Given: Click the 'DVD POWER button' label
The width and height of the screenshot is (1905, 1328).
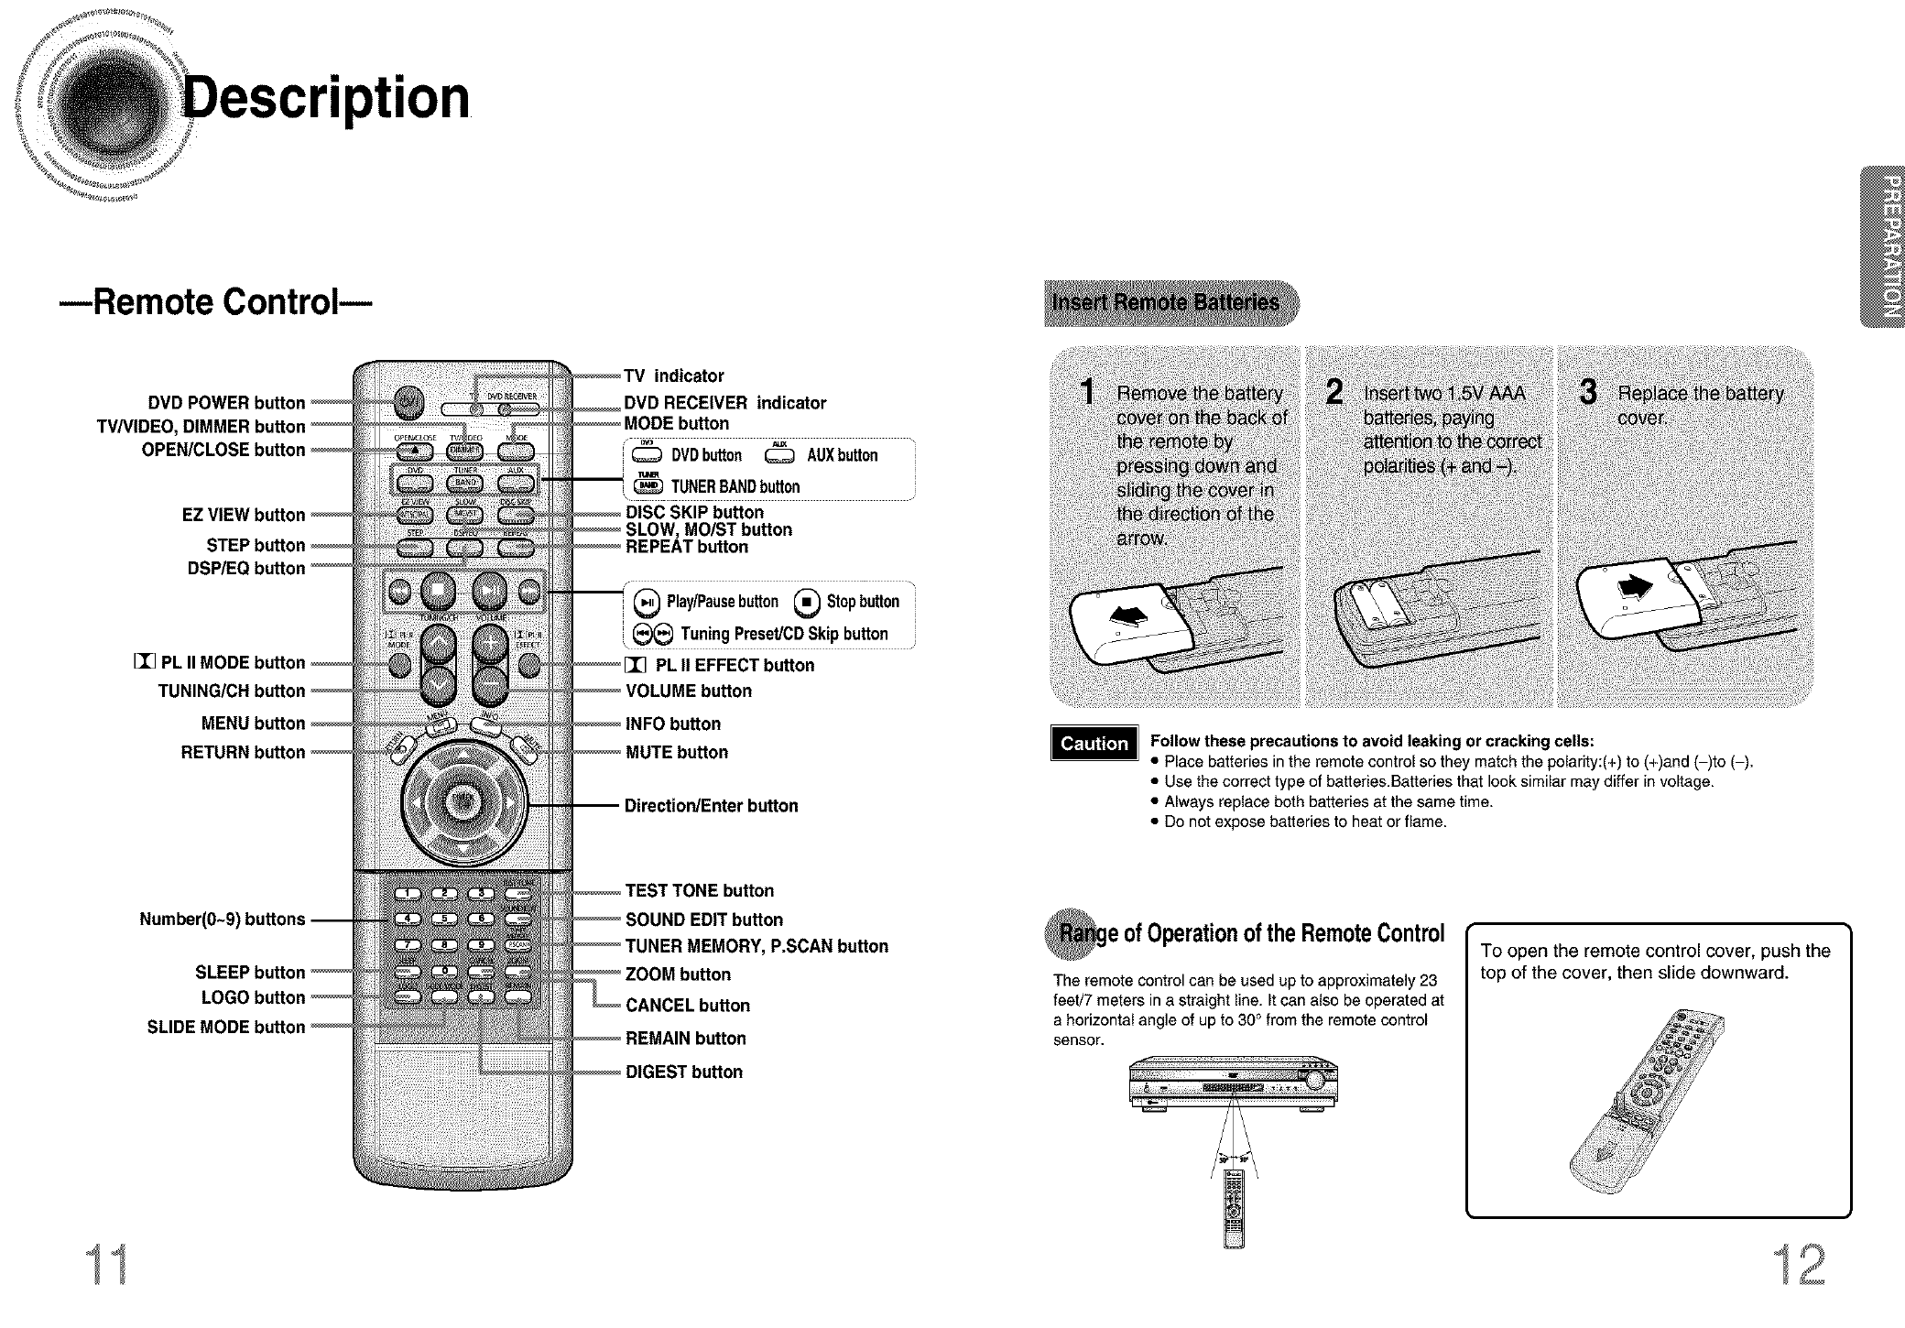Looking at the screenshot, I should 226,403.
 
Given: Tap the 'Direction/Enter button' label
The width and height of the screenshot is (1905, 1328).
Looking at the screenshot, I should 711,806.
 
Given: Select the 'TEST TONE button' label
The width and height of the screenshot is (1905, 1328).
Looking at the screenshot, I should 699,891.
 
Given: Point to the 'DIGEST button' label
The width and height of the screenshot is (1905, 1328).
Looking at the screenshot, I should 683,1072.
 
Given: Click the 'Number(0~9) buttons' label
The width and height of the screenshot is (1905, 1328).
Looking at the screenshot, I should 222,919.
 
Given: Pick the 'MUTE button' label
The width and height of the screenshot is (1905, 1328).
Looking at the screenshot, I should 676,752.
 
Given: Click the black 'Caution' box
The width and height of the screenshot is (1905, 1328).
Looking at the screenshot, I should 1094,744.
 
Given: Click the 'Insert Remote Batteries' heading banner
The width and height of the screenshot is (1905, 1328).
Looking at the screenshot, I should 1170,303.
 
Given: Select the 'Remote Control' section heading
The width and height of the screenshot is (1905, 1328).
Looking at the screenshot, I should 216,302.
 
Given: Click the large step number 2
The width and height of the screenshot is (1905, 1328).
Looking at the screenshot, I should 1335,393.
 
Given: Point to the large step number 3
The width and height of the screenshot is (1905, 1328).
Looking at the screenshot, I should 1589,393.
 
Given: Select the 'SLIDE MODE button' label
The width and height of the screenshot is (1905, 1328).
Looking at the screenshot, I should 225,1027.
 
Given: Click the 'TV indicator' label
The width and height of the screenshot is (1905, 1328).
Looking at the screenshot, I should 673,376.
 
